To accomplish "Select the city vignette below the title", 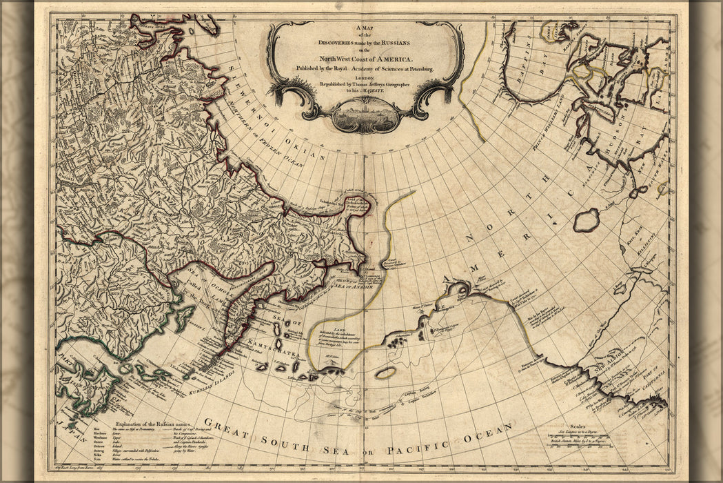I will [365, 115].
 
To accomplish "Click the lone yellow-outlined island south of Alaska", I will [386, 373].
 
